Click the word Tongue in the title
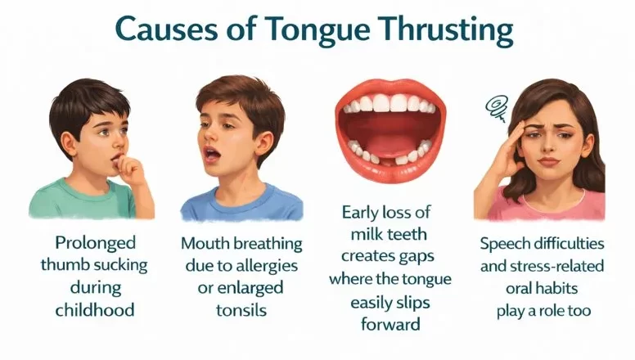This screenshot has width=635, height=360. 322,30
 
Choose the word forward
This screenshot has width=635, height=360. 390,323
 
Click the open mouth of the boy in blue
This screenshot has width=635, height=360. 211,154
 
